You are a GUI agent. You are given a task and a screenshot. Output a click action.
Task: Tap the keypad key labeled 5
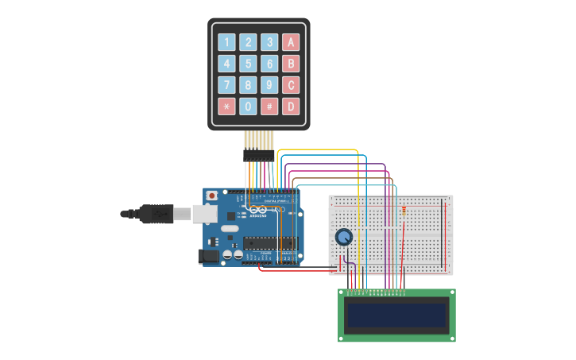249,64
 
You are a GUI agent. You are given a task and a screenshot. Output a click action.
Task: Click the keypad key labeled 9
270,85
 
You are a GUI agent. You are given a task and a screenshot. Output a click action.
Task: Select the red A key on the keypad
292,42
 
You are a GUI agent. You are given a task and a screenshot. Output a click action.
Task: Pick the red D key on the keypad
292,106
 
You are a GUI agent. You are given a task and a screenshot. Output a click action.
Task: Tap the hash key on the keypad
270,106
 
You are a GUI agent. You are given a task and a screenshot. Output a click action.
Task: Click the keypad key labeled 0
249,106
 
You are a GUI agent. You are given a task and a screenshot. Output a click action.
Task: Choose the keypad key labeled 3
270,42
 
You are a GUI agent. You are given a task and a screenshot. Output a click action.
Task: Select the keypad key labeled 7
227,85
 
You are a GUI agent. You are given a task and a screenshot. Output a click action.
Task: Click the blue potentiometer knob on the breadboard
344,237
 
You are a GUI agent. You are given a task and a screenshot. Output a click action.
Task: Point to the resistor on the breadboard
404,211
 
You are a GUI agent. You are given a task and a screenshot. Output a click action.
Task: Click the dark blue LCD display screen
396,315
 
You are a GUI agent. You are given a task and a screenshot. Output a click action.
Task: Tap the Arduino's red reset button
211,195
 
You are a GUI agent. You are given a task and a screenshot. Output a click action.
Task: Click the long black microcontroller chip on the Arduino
270,243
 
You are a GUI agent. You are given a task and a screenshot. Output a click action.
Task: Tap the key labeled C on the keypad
292,85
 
